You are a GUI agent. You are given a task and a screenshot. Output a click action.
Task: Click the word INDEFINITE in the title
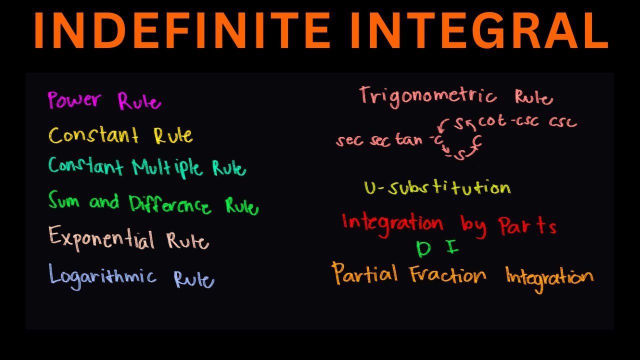pyautogui.click(x=181, y=31)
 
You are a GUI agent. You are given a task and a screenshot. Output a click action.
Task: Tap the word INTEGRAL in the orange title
pyautogui.click(x=476, y=31)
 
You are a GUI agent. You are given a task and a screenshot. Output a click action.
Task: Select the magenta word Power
pyautogui.click(x=75, y=99)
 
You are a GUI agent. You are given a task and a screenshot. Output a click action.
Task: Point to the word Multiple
pyautogui.click(x=167, y=167)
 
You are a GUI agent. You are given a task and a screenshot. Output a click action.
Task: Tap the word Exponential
pyautogui.click(x=101, y=238)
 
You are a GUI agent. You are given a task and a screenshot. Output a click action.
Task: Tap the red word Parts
pyautogui.click(x=527, y=226)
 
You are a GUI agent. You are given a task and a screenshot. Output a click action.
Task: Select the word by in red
pyautogui.click(x=473, y=226)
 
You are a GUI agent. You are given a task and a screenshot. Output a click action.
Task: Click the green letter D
pyautogui.click(x=423, y=249)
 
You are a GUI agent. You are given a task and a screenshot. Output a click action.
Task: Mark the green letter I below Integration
pyautogui.click(x=452, y=247)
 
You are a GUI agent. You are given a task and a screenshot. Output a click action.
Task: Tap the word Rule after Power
pyautogui.click(x=139, y=101)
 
